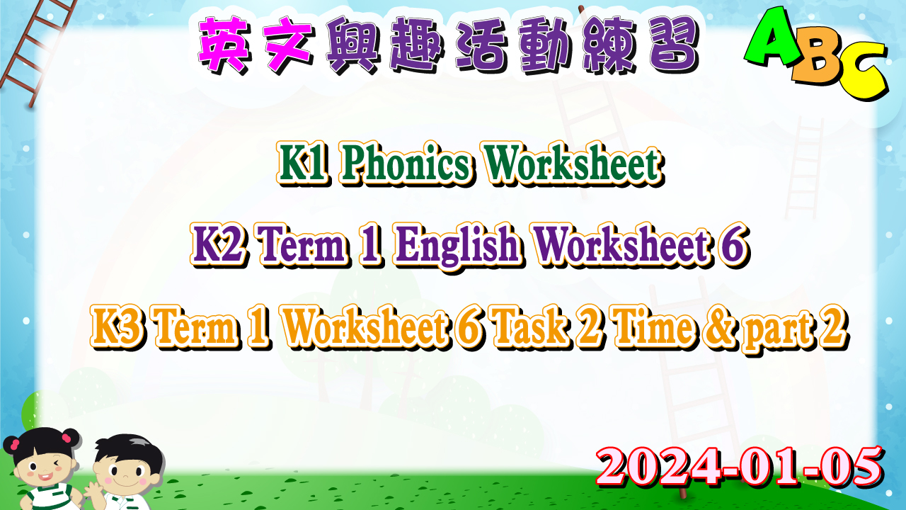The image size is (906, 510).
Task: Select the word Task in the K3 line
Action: click(533, 327)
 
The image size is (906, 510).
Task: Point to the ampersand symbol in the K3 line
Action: click(721, 328)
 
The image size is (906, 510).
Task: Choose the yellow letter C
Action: click(861, 73)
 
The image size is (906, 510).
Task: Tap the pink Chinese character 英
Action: click(223, 45)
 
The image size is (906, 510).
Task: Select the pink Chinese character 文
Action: click(288, 45)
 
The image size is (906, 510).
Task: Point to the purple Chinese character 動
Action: click(546, 45)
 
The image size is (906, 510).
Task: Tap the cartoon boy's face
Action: click(126, 477)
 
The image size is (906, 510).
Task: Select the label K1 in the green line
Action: click(302, 164)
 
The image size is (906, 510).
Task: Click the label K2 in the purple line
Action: click(218, 246)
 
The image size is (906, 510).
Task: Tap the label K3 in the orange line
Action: click(117, 327)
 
